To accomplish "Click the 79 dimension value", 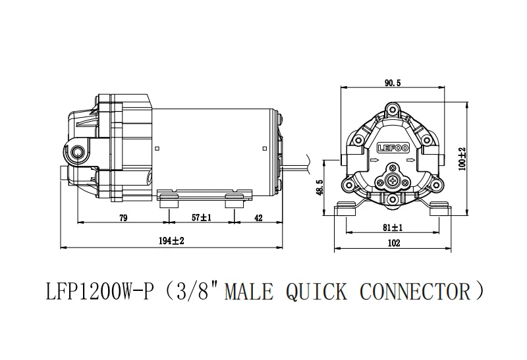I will point(123,218).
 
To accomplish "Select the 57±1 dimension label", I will point(200,218).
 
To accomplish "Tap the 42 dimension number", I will point(259,218).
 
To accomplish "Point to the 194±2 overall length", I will point(173,242).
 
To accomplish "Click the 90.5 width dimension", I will point(393,82).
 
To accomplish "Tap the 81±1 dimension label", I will point(393,227).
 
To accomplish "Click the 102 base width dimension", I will point(393,242).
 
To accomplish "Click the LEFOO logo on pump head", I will point(393,149).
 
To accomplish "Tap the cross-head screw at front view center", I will point(393,182).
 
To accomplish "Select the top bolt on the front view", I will point(393,109).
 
